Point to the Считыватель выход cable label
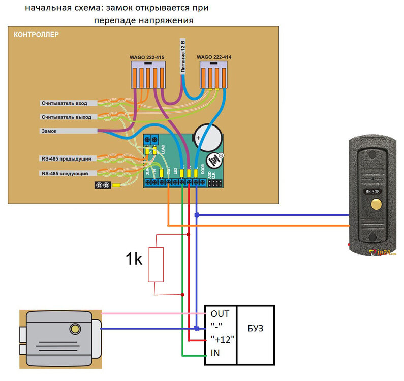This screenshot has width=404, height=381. tap(66, 117)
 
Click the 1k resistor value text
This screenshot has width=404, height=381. tap(135, 260)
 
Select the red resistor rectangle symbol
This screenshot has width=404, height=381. tap(156, 264)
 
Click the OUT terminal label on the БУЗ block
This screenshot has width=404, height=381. tap(220, 313)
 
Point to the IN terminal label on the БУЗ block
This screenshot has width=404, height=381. tap(215, 353)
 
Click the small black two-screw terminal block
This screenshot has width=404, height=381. tap(103, 185)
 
